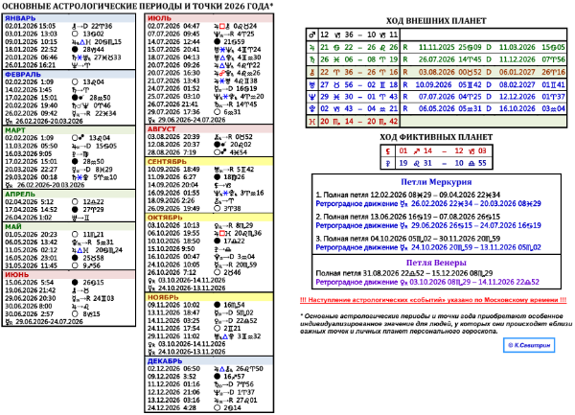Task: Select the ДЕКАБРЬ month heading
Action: click(x=169, y=359)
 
